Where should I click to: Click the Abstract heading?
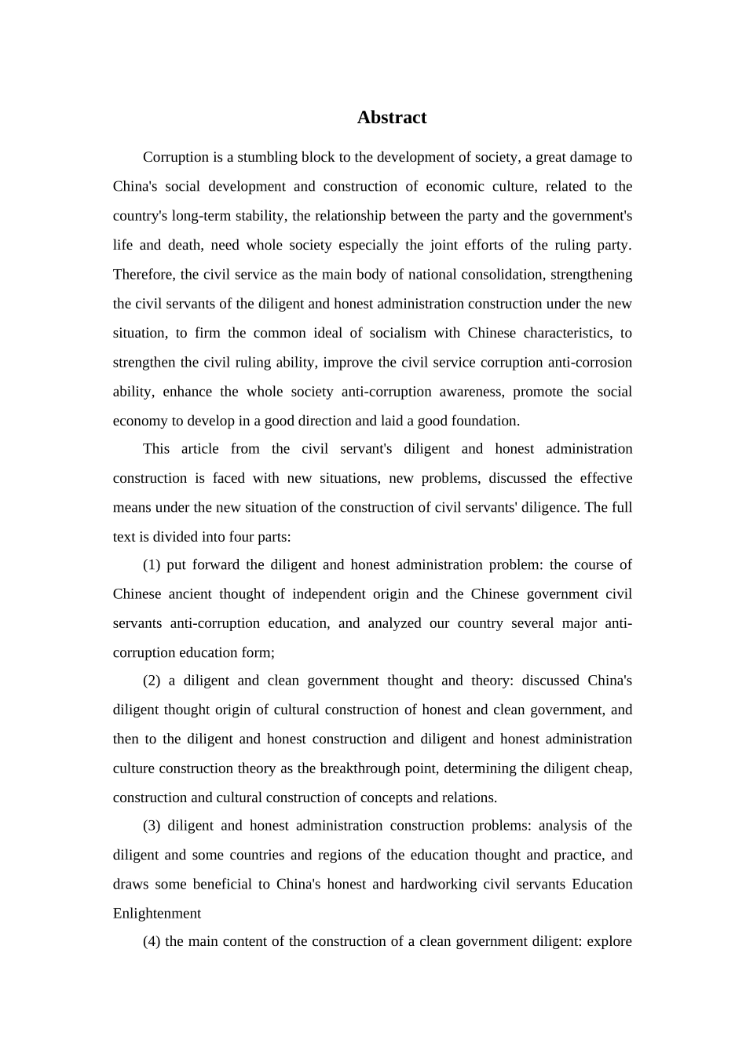click(391, 118)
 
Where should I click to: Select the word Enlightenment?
click(157, 914)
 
